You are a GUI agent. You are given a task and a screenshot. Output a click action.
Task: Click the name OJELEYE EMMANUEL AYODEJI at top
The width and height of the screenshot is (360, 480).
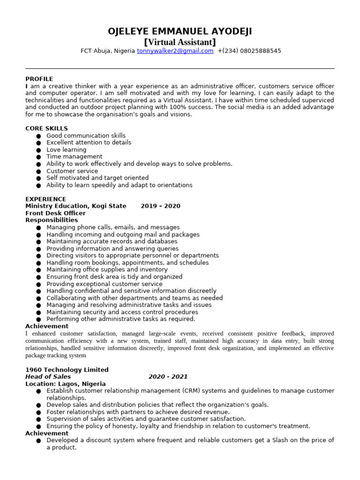click(x=180, y=31)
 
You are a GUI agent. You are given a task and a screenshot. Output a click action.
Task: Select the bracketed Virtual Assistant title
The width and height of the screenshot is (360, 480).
click(x=180, y=42)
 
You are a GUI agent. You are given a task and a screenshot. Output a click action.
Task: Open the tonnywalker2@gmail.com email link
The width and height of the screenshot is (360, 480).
click(x=175, y=51)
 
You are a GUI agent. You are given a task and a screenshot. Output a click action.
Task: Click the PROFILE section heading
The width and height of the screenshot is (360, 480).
click(x=39, y=79)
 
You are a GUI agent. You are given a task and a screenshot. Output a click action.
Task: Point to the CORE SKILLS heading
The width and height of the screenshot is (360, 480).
click(x=46, y=128)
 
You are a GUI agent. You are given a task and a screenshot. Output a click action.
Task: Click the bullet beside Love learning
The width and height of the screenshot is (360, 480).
click(x=38, y=150)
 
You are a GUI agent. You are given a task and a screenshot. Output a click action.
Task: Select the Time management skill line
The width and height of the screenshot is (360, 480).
click(x=74, y=157)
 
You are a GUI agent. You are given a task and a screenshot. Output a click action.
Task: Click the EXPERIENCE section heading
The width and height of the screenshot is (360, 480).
click(x=45, y=199)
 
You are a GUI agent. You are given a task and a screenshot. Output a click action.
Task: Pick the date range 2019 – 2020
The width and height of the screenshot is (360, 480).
click(x=160, y=206)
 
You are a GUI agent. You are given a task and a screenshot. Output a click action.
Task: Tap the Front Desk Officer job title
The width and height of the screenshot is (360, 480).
click(x=55, y=213)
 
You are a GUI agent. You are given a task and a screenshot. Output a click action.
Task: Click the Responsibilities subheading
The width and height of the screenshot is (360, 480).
click(x=52, y=220)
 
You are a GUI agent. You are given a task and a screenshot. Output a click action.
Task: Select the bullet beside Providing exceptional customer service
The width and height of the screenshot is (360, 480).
click(x=38, y=284)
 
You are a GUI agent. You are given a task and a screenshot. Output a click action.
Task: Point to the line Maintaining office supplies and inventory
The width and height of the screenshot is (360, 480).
click(x=107, y=270)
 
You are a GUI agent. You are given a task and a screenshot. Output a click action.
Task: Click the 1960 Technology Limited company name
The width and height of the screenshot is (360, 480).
click(x=67, y=370)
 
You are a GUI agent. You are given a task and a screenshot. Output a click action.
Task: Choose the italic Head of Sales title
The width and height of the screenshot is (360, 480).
click(x=48, y=377)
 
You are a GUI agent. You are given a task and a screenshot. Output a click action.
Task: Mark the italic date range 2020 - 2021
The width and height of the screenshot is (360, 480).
click(x=168, y=377)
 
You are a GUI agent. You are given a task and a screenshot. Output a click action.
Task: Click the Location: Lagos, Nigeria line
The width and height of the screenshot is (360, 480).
click(x=65, y=384)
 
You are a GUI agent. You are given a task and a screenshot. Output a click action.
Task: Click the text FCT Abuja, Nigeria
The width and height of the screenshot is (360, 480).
click(x=107, y=51)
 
